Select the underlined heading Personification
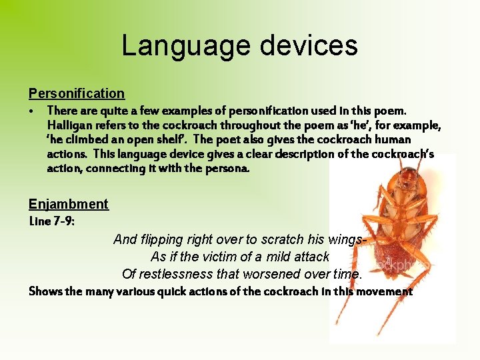click(x=77, y=93)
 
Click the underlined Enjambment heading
click(x=68, y=204)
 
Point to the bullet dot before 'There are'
click(x=32, y=111)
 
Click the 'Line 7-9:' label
click(x=52, y=221)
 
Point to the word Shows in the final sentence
click(x=45, y=291)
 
